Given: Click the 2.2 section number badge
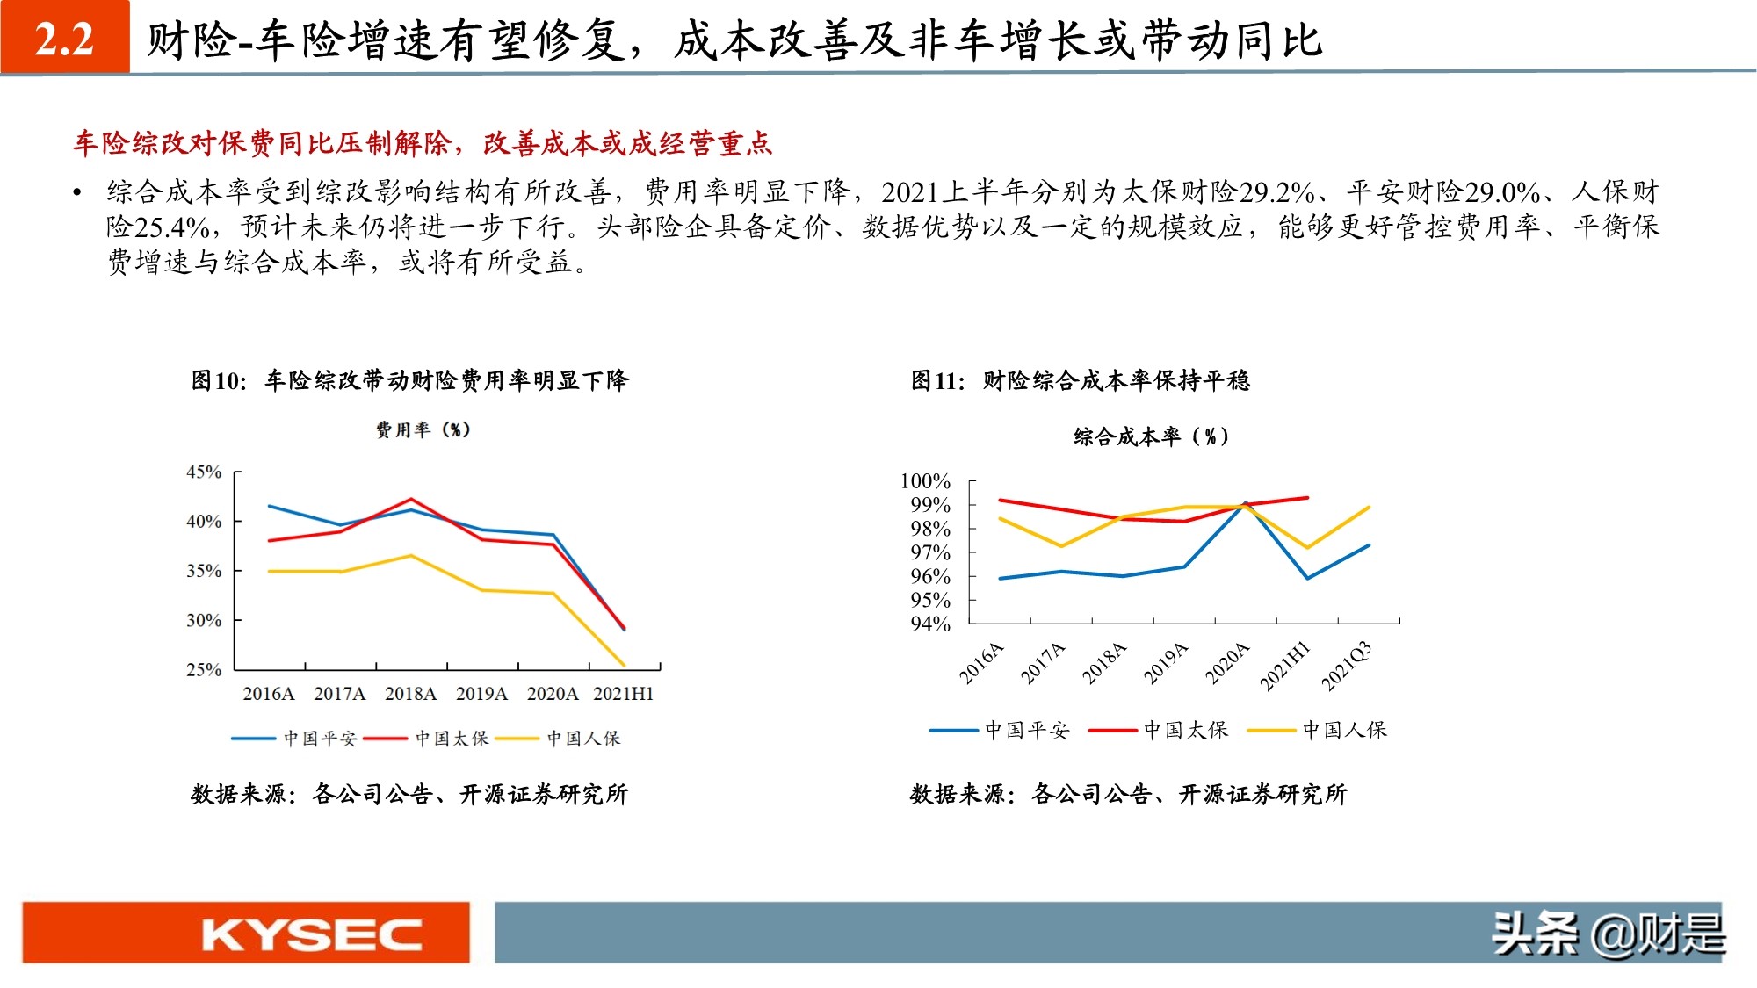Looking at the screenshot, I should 65,38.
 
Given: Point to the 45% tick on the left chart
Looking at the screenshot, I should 204,472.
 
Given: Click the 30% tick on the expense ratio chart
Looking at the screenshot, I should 204,620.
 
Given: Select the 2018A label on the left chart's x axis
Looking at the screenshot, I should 410,694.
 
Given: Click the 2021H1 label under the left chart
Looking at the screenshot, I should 623,694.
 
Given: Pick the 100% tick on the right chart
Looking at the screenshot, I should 925,481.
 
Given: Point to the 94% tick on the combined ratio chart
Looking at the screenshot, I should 929,624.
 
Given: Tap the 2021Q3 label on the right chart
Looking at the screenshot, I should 1346,666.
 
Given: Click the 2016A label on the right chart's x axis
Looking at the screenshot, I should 981,663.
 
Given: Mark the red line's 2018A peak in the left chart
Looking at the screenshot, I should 411,499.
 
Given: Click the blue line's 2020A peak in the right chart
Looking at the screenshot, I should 1246,503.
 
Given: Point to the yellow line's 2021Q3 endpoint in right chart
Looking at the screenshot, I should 1369,508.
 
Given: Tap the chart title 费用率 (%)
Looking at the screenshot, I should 423,429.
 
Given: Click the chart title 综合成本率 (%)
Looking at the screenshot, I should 1151,436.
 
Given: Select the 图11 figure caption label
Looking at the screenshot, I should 937,380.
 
